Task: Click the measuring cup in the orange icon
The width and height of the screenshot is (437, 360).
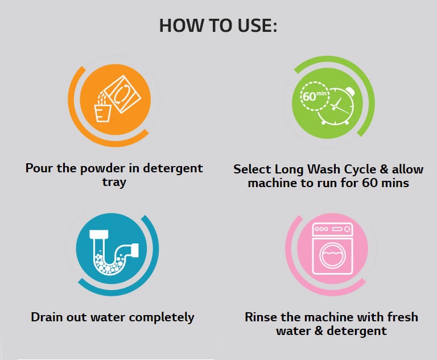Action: pyautogui.click(x=102, y=113)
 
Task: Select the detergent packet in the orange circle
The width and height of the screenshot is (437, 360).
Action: pyautogui.click(x=123, y=94)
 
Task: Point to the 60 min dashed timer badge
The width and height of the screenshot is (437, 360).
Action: pyautogui.click(x=315, y=97)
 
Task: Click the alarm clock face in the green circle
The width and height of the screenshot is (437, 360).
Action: pyautogui.click(x=336, y=106)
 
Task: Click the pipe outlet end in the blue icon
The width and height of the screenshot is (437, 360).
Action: pyautogui.click(x=134, y=250)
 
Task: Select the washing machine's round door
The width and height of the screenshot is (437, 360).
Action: pyautogui.click(x=332, y=255)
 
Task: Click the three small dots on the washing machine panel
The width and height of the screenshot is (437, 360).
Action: pyautogui.click(x=321, y=229)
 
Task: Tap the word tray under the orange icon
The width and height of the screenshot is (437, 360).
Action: pyautogui.click(x=114, y=183)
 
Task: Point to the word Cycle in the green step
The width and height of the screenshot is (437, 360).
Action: pyautogui.click(x=361, y=169)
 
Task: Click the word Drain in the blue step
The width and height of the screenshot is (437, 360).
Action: pyautogui.click(x=47, y=317)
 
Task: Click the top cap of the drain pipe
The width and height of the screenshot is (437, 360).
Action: pyautogui.click(x=99, y=235)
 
